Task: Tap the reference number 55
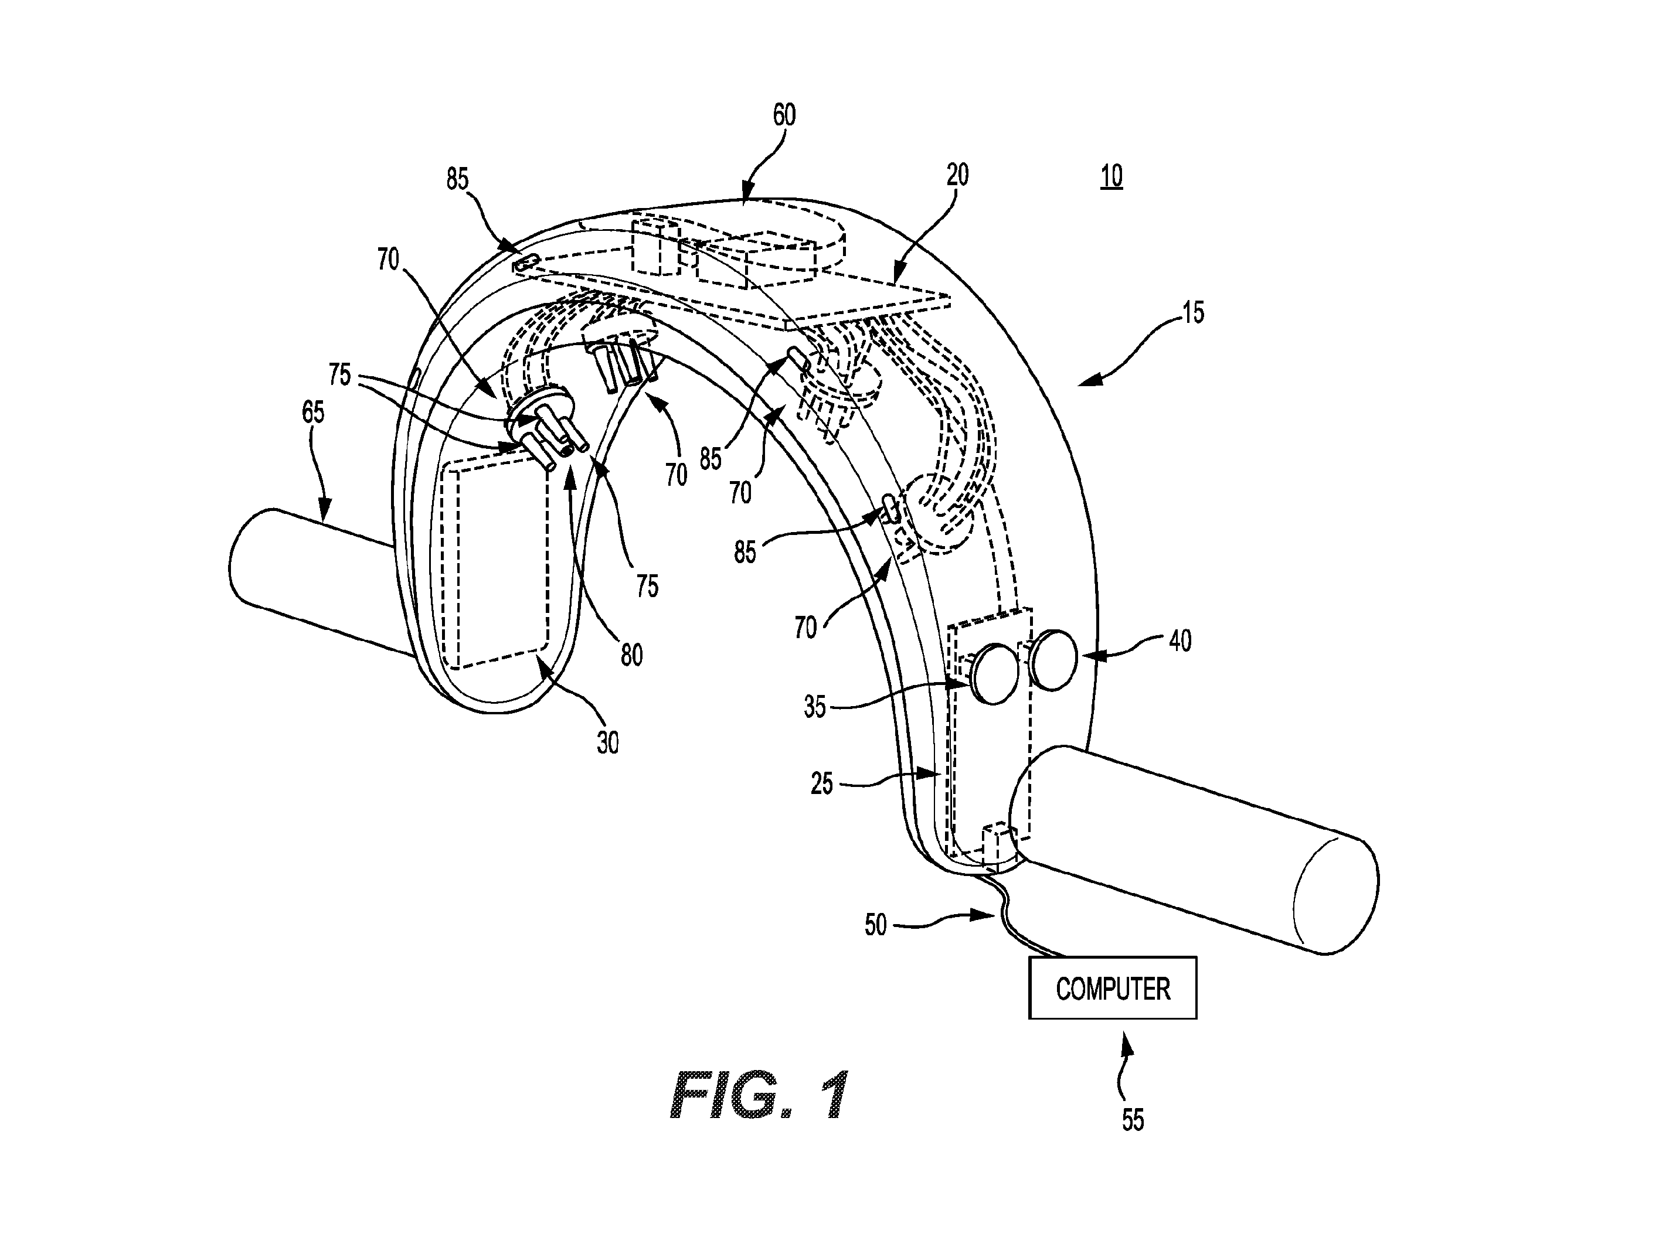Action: [1133, 1120]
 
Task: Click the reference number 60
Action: [784, 115]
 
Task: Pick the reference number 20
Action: [957, 175]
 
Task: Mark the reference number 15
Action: [1192, 312]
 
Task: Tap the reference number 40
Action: [1180, 641]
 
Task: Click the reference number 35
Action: [814, 707]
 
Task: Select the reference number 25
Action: [822, 784]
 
